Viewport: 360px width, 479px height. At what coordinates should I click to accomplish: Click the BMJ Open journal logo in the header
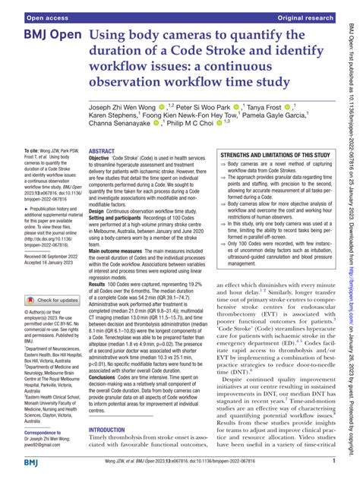pyautogui.click(x=46, y=36)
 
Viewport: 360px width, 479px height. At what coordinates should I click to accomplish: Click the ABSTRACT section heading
pyautogui.click(x=103, y=152)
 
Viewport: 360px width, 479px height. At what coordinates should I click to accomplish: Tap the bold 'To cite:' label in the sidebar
pyautogui.click(x=34, y=153)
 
